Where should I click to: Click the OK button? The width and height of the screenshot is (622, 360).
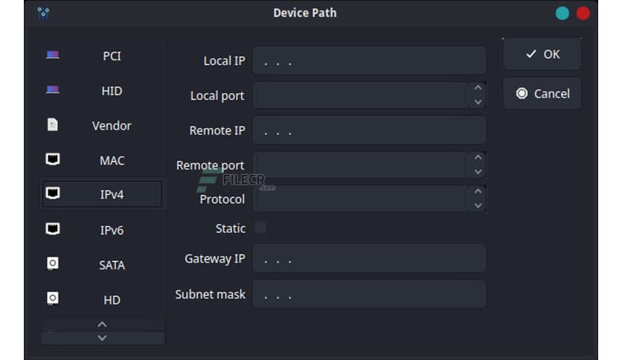[542, 54]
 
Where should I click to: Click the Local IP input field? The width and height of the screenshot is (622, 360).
[369, 61]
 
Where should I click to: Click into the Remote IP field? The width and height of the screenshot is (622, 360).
[369, 130]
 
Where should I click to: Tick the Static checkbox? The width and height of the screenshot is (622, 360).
[260, 228]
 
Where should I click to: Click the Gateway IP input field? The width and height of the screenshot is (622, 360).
[369, 259]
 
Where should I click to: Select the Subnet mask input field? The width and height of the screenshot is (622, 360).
[369, 294]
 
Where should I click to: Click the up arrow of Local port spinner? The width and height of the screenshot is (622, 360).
[478, 89]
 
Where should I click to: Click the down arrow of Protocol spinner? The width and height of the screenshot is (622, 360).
[478, 206]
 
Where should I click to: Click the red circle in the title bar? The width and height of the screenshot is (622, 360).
[583, 13]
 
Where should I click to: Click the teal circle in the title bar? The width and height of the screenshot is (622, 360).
[562, 13]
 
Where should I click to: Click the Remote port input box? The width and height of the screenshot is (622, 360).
[360, 165]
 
